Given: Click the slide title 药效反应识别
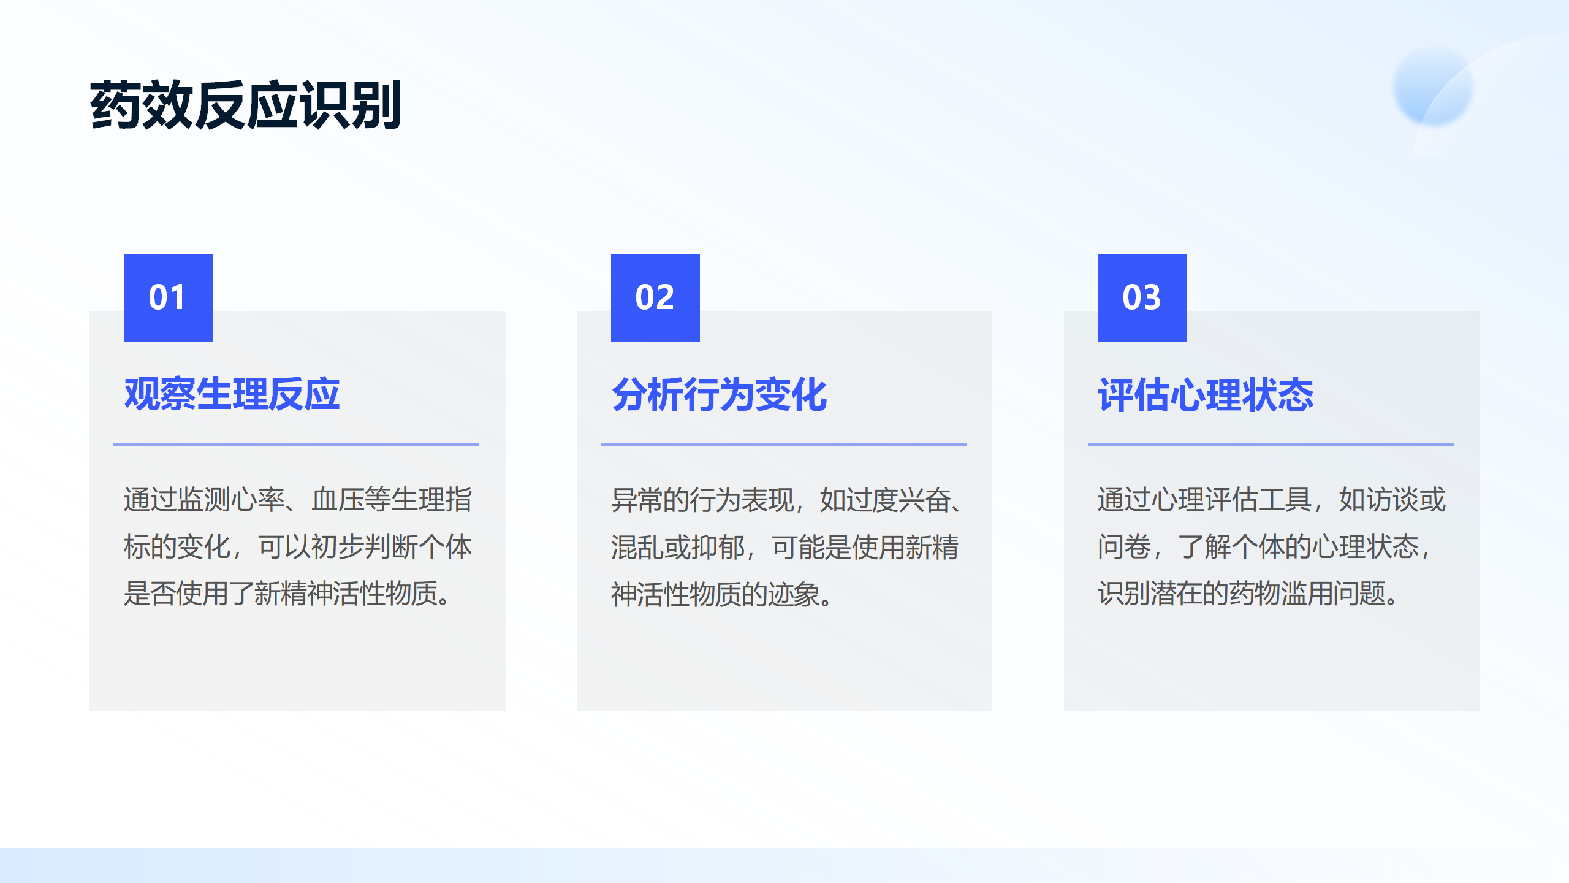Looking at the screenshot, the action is click(x=245, y=105).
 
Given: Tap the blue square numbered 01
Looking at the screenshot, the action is click(x=169, y=298).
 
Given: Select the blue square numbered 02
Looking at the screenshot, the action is click(x=655, y=298).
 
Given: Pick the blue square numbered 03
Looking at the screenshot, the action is click(x=1142, y=298).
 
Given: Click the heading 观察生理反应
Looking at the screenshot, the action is click(x=232, y=394).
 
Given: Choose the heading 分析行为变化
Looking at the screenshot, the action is click(x=720, y=394).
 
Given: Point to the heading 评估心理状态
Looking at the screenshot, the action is click(x=1206, y=394).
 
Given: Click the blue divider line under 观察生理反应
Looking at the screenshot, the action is click(x=296, y=444).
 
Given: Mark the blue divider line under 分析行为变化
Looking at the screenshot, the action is click(x=783, y=444).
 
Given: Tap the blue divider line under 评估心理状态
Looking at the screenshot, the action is click(x=1271, y=444).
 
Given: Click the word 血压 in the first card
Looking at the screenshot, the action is click(x=338, y=499).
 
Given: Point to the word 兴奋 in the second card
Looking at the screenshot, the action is click(x=925, y=500).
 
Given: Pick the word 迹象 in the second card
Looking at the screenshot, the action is click(x=794, y=594).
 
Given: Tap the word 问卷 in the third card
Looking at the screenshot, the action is click(x=1124, y=546).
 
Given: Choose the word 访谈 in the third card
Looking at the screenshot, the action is click(x=1392, y=499).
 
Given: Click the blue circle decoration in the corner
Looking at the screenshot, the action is click(x=1433, y=87).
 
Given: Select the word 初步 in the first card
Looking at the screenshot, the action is click(x=338, y=546).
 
